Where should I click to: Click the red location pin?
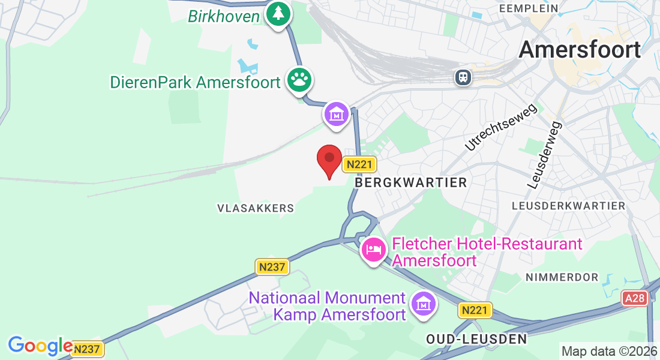(329, 160)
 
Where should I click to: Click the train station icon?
(463, 77)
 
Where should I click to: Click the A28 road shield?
(635, 298)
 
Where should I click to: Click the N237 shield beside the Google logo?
(88, 349)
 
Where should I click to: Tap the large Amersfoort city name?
(580, 49)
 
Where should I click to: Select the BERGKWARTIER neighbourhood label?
(411, 182)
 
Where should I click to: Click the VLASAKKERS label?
(256, 208)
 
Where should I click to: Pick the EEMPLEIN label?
(529, 8)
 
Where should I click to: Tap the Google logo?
(40, 346)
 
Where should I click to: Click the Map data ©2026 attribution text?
(608, 351)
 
